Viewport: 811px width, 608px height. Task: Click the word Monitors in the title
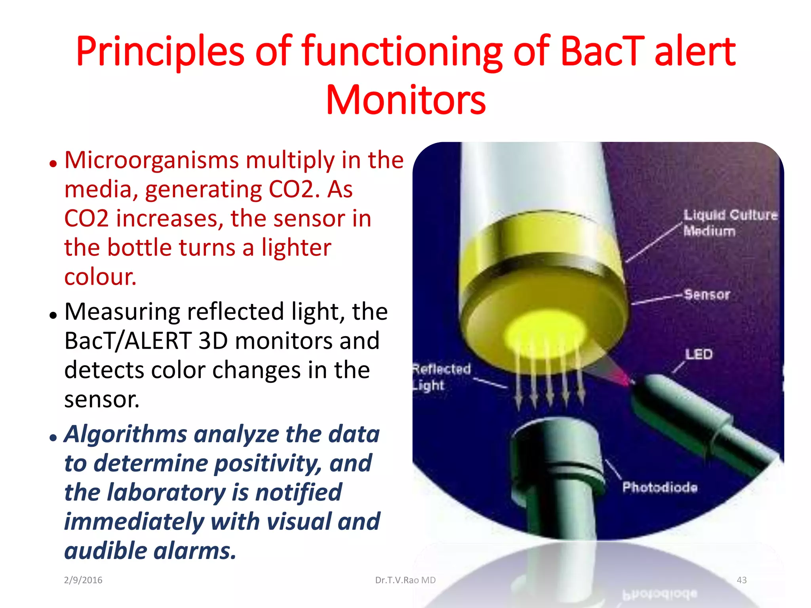click(x=405, y=100)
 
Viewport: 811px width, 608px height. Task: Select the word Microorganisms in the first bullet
click(x=152, y=160)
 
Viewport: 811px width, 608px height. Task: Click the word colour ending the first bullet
click(x=100, y=277)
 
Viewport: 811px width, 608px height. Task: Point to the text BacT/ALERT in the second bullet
click(x=128, y=341)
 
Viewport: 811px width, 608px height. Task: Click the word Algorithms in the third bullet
click(x=125, y=434)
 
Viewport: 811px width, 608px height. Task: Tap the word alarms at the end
click(x=194, y=551)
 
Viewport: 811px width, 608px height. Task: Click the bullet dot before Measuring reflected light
click(x=53, y=315)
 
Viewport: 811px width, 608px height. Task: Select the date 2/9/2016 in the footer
click(x=83, y=580)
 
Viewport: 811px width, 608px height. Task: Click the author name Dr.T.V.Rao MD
click(x=405, y=580)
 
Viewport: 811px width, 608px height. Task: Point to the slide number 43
click(x=741, y=580)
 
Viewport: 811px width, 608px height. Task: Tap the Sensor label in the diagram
click(x=707, y=294)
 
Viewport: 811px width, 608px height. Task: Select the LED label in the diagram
click(x=699, y=354)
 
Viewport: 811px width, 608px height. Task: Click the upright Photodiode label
click(x=659, y=487)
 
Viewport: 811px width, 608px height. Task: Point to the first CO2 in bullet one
click(x=289, y=190)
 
